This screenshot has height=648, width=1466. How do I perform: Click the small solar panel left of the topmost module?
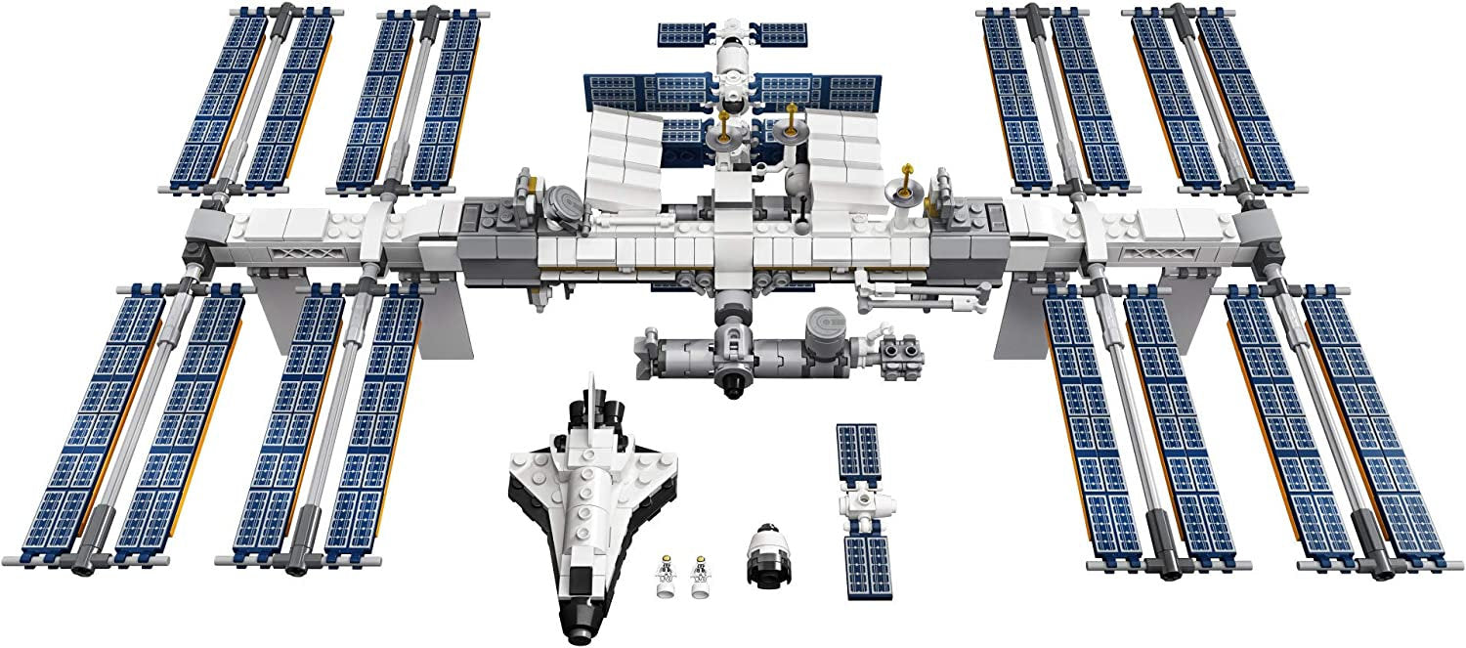pos(688,33)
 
